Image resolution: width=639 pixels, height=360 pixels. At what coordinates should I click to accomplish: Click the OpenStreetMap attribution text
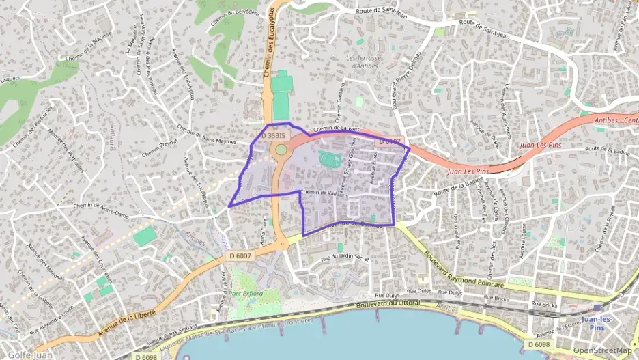coord(602,351)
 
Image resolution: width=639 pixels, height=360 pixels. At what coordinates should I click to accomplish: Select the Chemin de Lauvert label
coord(336,129)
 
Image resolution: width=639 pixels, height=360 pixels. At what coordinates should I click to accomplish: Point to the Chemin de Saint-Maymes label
coord(205,135)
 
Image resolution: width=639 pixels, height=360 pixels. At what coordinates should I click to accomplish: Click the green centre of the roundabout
coord(281,149)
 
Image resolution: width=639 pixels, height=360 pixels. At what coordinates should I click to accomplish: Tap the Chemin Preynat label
coord(159,148)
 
